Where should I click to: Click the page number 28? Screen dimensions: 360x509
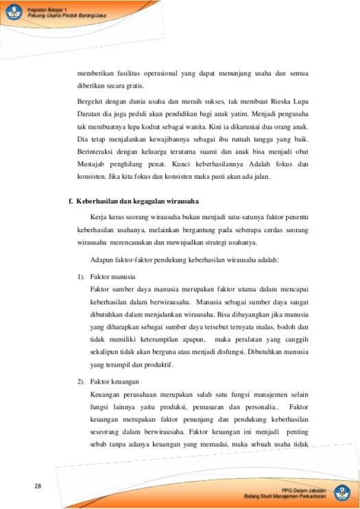38,486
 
